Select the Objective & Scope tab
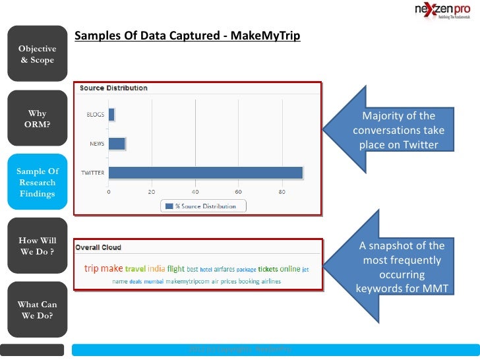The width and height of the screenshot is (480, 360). click(x=37, y=54)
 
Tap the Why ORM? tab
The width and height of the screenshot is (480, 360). click(x=37, y=119)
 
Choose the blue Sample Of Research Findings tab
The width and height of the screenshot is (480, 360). click(x=37, y=183)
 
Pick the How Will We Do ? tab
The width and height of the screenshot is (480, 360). click(x=37, y=245)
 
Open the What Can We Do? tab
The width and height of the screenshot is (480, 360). click(x=37, y=310)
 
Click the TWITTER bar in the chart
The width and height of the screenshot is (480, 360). click(x=205, y=173)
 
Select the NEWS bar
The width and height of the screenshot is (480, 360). click(x=117, y=144)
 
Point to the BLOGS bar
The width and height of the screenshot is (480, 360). click(x=111, y=115)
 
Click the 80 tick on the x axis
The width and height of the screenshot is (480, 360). click(x=282, y=192)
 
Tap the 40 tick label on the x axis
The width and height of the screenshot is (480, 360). click(x=195, y=192)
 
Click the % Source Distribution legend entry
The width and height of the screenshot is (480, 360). click(x=204, y=206)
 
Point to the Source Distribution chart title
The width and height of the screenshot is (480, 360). click(x=113, y=88)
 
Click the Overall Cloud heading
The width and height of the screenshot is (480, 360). click(x=98, y=247)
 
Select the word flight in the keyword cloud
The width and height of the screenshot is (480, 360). click(x=176, y=268)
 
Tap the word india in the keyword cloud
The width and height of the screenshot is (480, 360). click(x=156, y=268)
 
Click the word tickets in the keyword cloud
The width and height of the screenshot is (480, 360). click(x=268, y=269)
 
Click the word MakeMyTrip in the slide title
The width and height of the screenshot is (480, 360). click(x=267, y=36)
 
